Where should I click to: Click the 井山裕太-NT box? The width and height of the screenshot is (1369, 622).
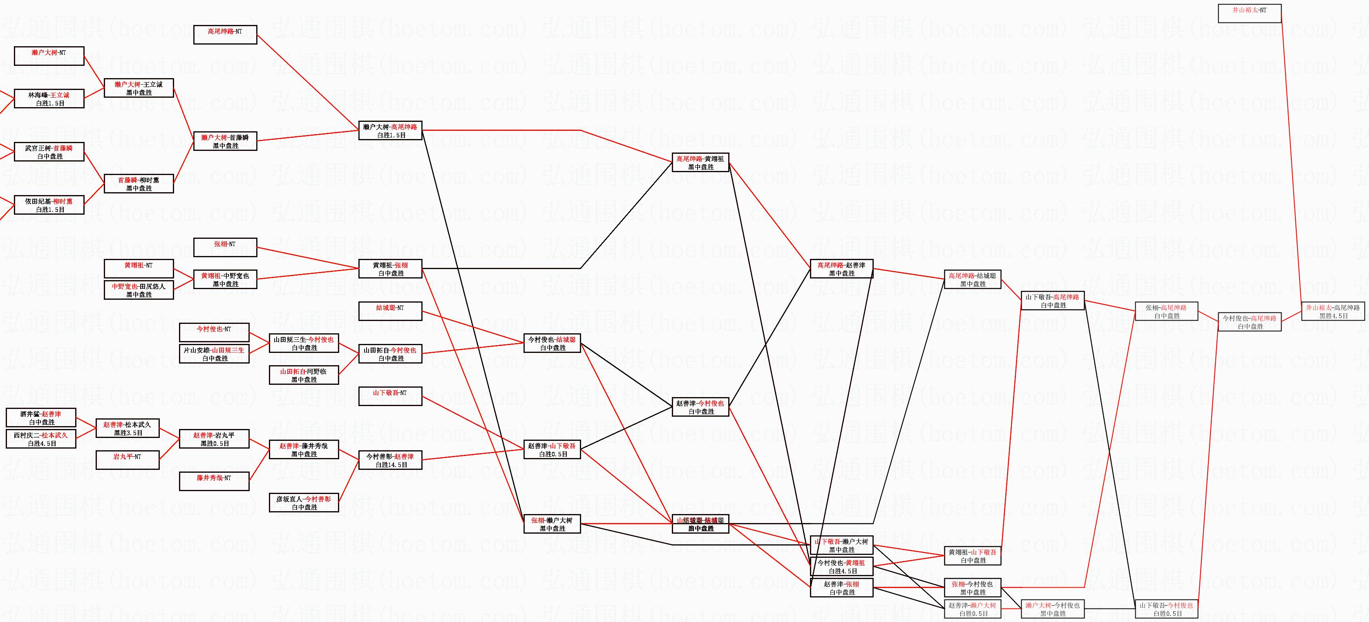(x=1249, y=13)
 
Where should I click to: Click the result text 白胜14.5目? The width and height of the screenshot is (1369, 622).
(x=391, y=465)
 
